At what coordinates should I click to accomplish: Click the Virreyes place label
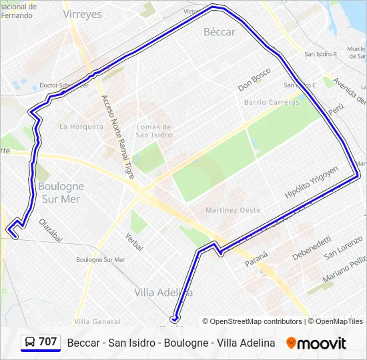coord(82,13)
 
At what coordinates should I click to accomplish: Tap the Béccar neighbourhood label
coord(220,31)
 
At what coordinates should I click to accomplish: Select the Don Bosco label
coord(254,79)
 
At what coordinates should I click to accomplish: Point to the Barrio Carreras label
coord(272,102)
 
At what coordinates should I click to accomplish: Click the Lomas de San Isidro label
coord(154,131)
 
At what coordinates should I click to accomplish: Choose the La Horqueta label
coord(81,126)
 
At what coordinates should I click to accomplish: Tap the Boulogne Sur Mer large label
coord(61,193)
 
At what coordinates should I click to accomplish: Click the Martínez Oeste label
coord(233,210)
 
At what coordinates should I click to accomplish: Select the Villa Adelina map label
coord(163,292)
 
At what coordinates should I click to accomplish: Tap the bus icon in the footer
coord(30,343)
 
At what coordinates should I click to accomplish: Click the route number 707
coord(48,342)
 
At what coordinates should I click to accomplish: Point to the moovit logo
coord(316,343)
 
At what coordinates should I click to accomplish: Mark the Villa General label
coord(97,321)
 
